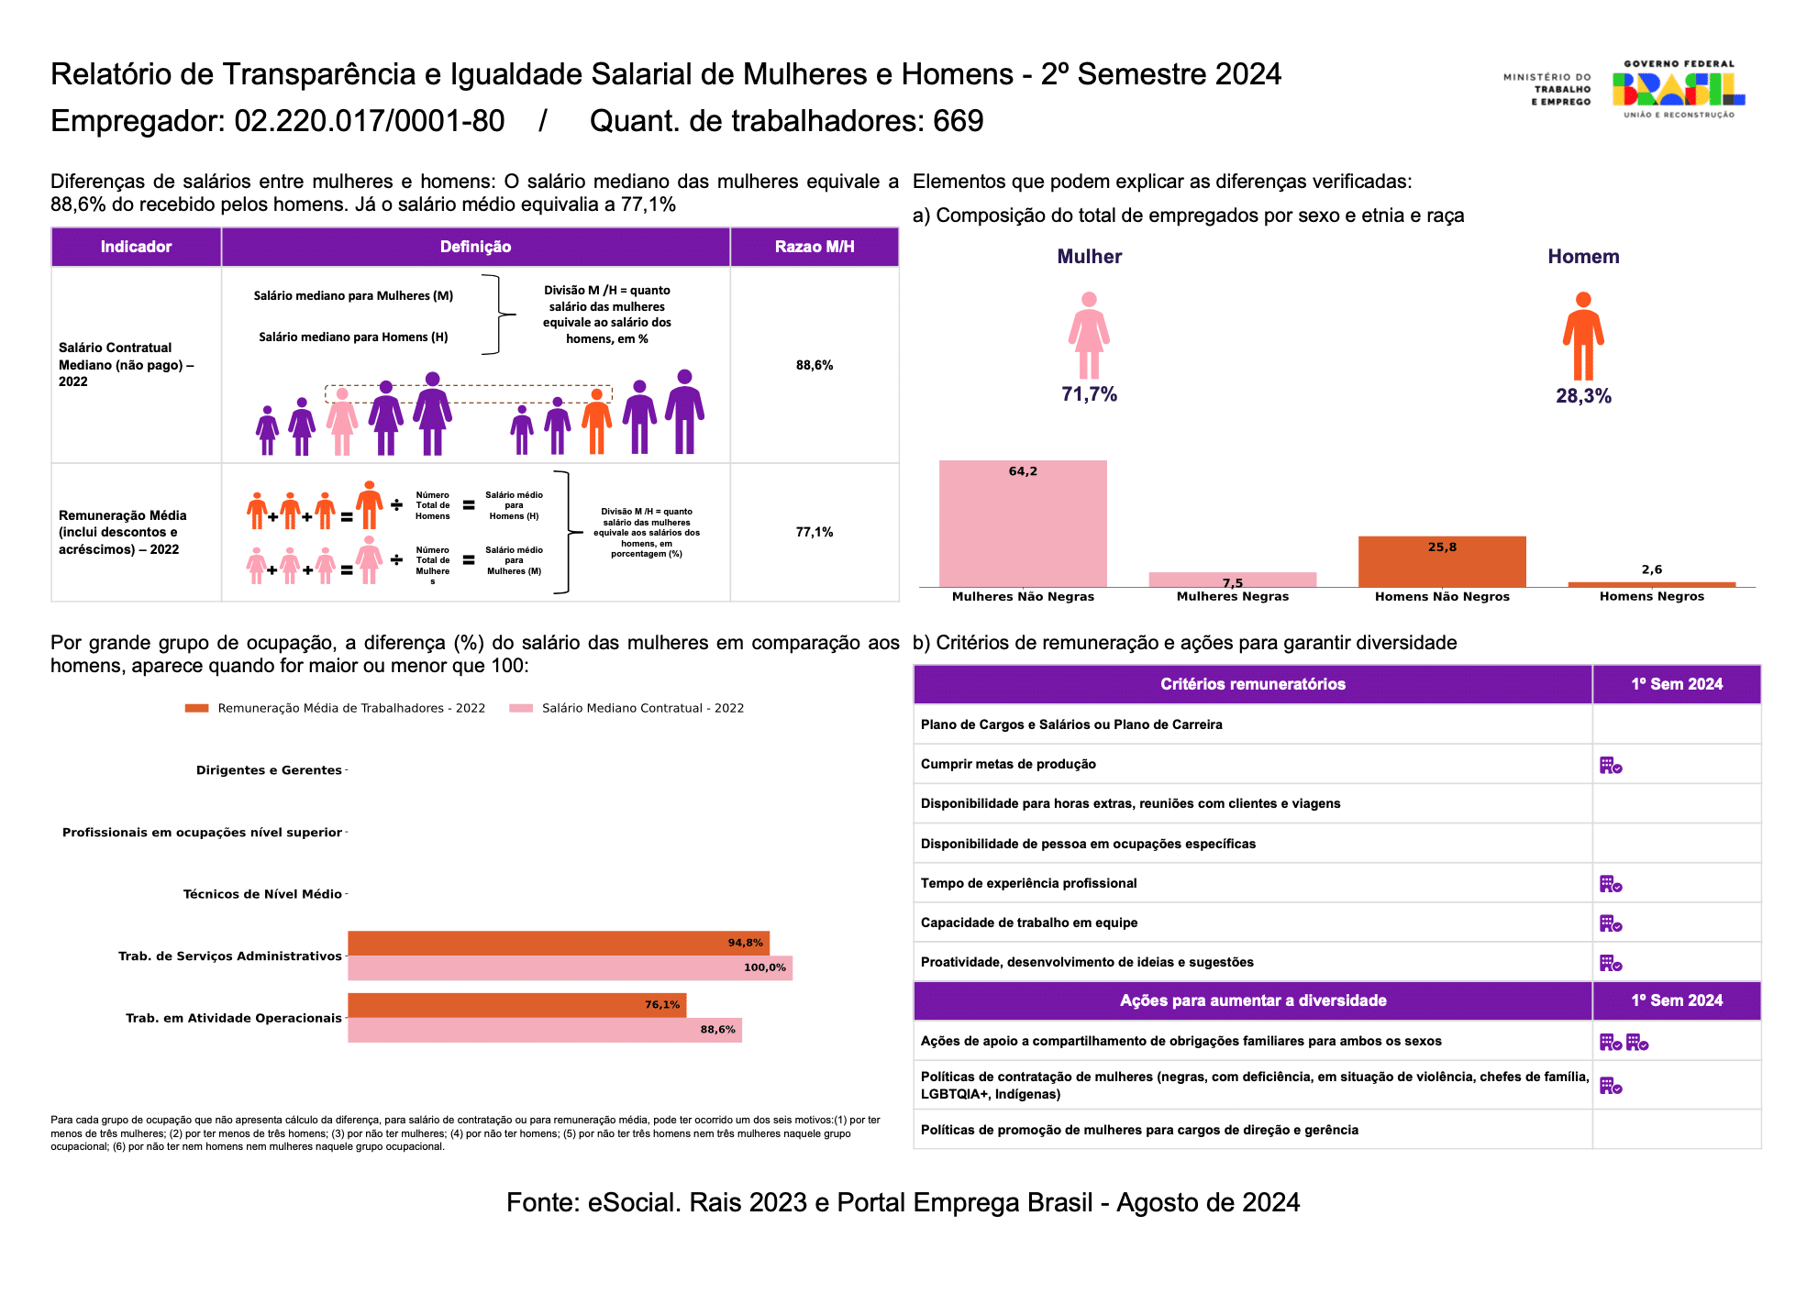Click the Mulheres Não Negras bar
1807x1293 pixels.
1023,524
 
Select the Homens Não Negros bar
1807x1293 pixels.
1442,561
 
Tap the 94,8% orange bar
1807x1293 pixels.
559,944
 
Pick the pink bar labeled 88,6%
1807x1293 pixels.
545,1030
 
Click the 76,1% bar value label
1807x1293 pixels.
662,1005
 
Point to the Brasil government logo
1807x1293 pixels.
1679,89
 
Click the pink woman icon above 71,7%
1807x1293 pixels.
1089,335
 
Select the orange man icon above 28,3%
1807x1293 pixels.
1583,336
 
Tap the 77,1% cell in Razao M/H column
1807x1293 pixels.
815,532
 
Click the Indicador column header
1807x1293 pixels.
136,247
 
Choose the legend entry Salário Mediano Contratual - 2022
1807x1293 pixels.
626,708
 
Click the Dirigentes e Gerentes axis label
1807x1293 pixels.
269,770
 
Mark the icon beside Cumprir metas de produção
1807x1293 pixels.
1611,765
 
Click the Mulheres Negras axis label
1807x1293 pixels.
1233,596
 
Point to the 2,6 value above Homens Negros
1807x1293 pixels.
1652,569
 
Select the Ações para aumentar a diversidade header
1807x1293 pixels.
1253,1000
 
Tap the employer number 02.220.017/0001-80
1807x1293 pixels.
370,121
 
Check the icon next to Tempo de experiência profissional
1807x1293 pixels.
1611,884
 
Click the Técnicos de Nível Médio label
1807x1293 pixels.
262,894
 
